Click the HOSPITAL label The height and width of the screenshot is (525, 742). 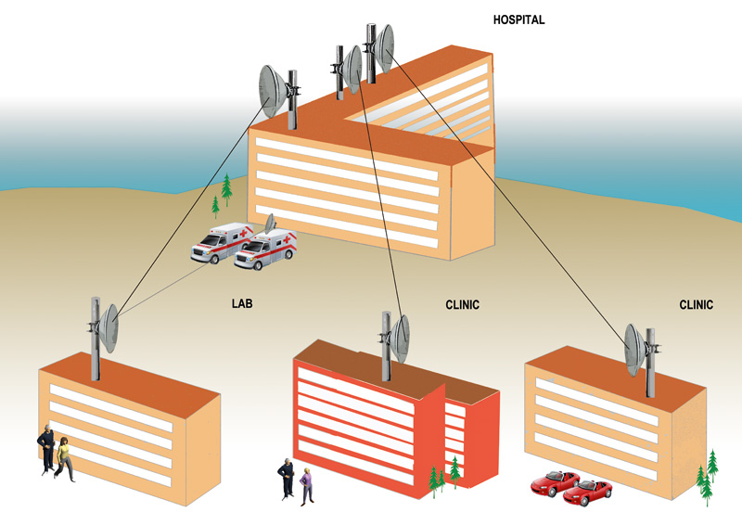[518, 19]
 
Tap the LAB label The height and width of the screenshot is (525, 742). [242, 303]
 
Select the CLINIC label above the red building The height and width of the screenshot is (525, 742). [462, 305]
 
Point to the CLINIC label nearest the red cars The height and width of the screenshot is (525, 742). [697, 305]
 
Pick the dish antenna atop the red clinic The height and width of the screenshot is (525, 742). [401, 339]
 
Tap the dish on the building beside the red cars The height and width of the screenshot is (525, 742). [634, 350]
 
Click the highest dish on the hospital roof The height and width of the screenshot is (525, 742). [385, 49]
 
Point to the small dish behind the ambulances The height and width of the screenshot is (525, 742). [270, 224]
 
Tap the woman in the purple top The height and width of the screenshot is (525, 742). [307, 486]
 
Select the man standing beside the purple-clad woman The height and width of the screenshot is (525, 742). [287, 479]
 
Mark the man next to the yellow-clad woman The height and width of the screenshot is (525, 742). [47, 449]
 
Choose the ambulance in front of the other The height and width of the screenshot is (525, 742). [265, 250]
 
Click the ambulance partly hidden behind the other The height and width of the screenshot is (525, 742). [221, 242]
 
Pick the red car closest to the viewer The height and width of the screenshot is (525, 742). [587, 493]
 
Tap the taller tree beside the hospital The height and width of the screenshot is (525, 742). [226, 190]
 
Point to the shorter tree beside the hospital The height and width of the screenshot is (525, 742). [215, 207]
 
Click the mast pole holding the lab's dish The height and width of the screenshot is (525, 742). [96, 339]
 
